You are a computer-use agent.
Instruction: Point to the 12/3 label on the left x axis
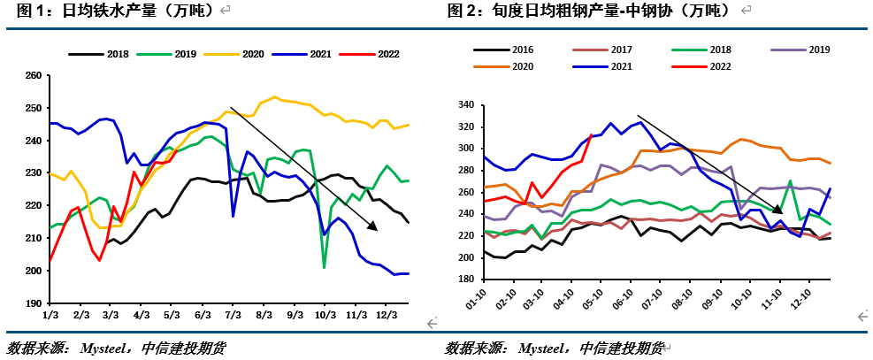[386, 315]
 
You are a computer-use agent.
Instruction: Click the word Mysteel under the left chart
[107, 348]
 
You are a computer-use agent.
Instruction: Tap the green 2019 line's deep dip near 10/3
[325, 266]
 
